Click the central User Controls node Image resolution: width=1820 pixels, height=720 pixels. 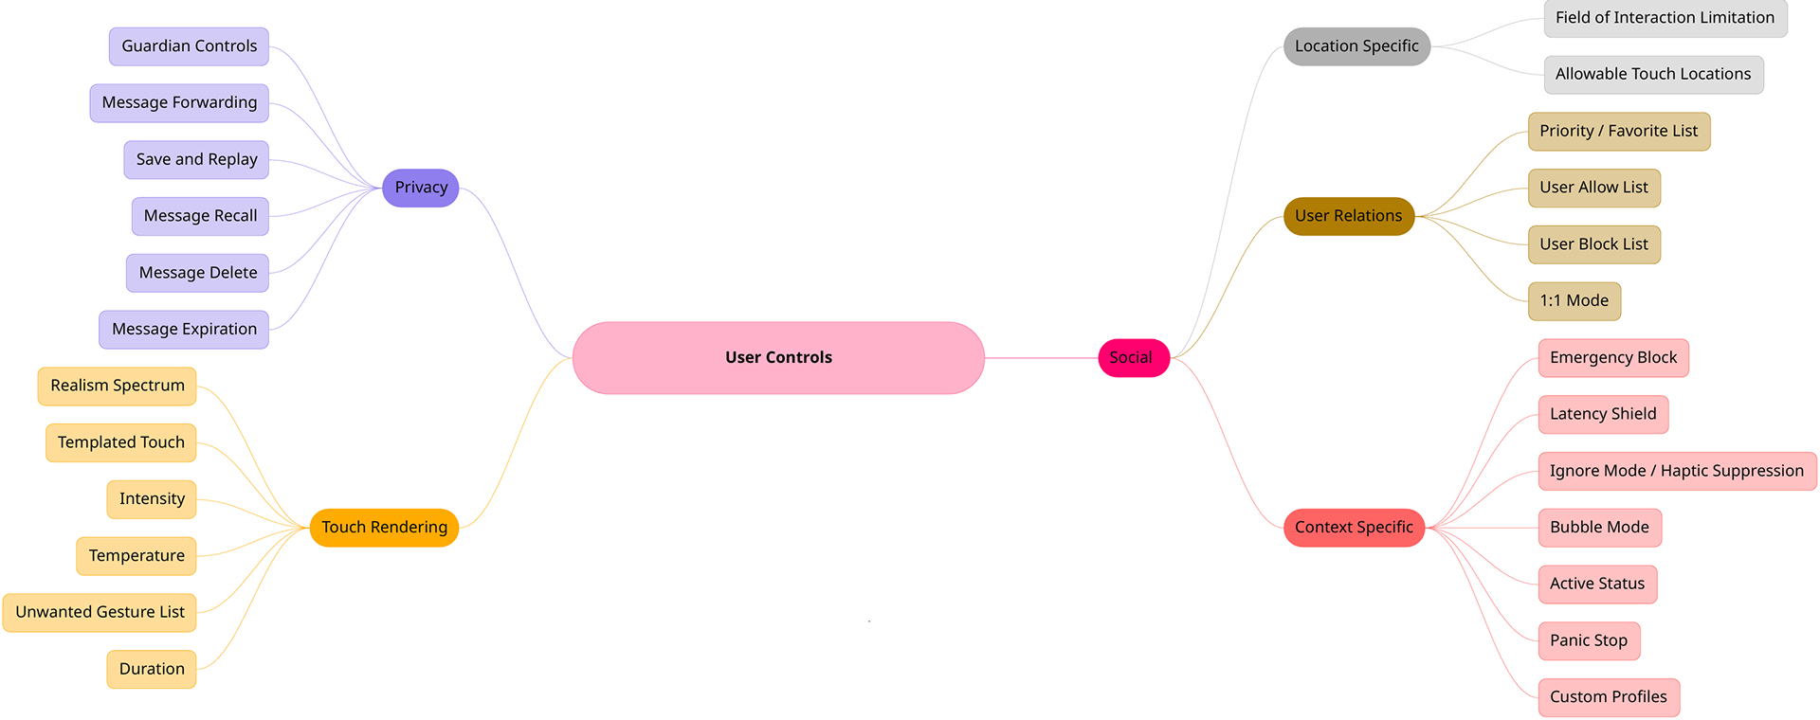778,358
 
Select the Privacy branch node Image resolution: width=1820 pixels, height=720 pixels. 421,188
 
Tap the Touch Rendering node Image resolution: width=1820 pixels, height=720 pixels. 384,528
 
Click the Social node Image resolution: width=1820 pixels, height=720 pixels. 1133,358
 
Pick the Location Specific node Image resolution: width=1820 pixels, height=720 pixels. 1356,46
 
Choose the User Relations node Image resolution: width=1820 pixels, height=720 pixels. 1348,216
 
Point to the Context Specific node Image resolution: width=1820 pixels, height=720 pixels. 1354,528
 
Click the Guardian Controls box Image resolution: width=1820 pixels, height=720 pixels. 189,46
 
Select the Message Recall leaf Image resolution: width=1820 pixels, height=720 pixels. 200,216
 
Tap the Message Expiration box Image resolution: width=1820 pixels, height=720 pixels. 184,330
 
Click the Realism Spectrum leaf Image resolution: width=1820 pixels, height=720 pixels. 118,386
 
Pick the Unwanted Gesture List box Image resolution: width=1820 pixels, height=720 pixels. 100,612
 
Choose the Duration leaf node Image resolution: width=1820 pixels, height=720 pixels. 152,669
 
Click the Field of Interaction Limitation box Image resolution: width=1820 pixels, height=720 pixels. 1665,18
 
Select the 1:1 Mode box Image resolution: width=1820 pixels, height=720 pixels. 1574,301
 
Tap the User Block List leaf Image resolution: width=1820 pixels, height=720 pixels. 1593,244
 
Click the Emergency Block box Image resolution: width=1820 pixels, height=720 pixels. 1612,358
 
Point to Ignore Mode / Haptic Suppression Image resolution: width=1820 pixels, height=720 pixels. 1676,471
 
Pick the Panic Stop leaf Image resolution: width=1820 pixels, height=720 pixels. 1588,640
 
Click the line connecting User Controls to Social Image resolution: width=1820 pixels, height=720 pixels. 1041,358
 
